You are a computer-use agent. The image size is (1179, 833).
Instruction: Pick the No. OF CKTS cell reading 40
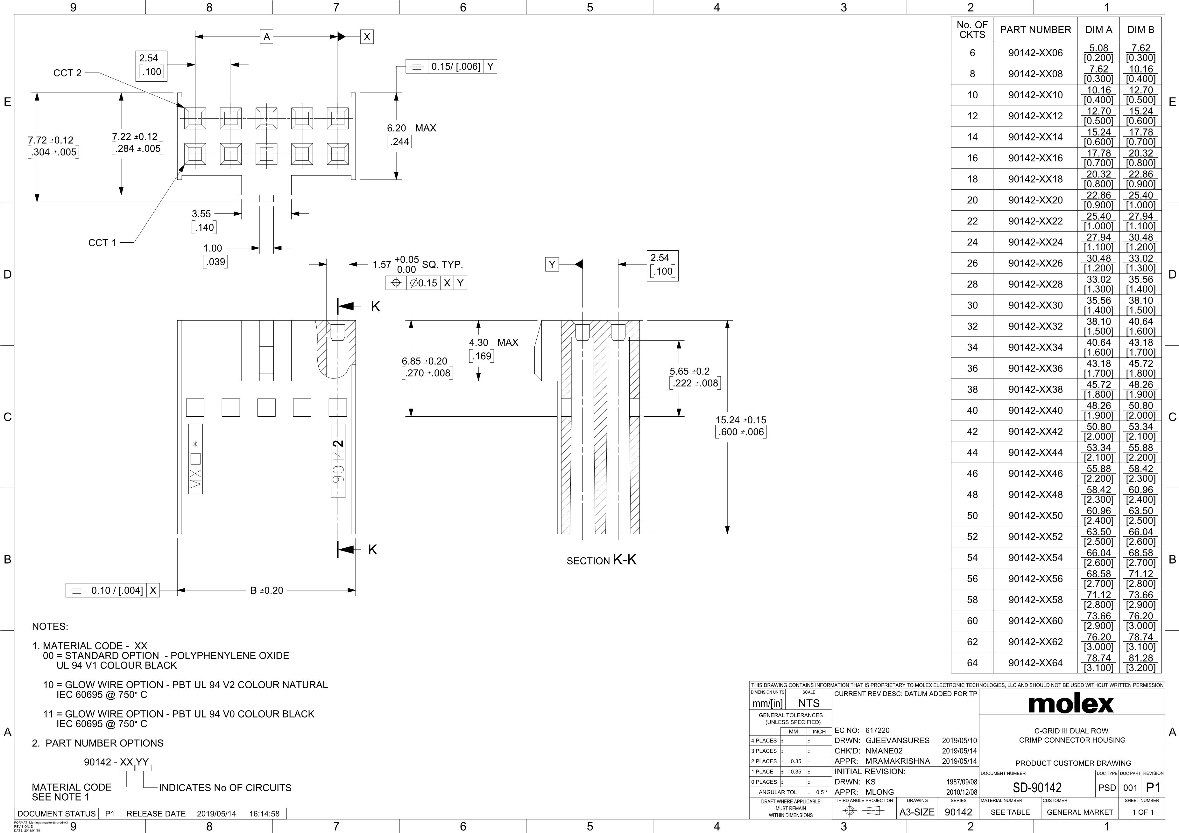coord(972,411)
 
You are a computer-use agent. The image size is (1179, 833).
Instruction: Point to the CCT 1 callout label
coord(102,243)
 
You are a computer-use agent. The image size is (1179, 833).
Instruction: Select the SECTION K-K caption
coord(601,560)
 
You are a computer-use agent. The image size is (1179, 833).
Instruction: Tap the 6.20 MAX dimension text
coord(411,128)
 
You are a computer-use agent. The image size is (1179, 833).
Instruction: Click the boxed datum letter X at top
coord(367,37)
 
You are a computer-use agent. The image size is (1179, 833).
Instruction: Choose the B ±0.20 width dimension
coord(266,591)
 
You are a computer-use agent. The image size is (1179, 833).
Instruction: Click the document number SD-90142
coord(1037,787)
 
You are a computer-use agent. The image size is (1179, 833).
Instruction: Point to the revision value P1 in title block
coord(1153,787)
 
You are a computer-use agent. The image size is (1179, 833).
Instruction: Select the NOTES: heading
coord(50,627)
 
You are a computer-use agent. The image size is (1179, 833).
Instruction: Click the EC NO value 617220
coord(878,730)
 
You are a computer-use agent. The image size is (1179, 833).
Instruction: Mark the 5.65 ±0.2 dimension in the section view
coord(689,371)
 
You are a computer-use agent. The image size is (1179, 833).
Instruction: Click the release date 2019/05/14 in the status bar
coord(216,814)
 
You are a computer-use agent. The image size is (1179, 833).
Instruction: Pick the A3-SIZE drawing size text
coord(917,812)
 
